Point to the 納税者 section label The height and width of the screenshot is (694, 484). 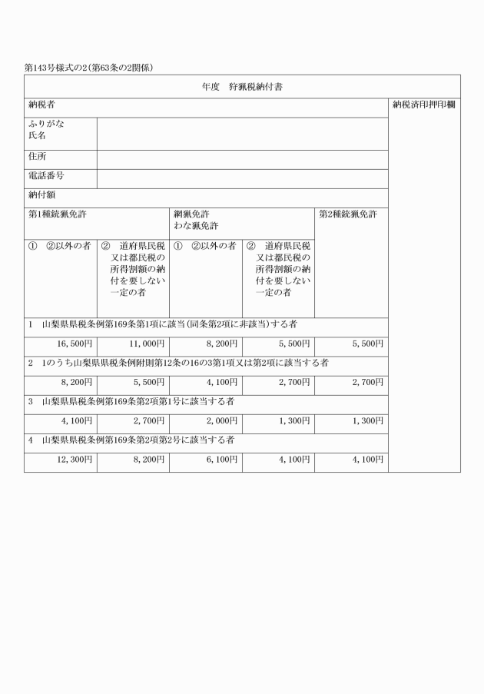41,104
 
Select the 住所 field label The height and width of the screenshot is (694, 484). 38,156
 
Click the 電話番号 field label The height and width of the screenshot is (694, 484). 45,175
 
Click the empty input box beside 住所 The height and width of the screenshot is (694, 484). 242,159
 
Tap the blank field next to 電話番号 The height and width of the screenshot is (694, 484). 242,178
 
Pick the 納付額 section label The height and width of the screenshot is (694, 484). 41,194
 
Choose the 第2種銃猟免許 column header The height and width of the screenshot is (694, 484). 348,214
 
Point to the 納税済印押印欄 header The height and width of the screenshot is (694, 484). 423,104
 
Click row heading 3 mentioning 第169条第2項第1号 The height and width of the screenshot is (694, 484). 131,402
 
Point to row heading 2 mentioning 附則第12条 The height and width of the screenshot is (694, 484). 177,364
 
